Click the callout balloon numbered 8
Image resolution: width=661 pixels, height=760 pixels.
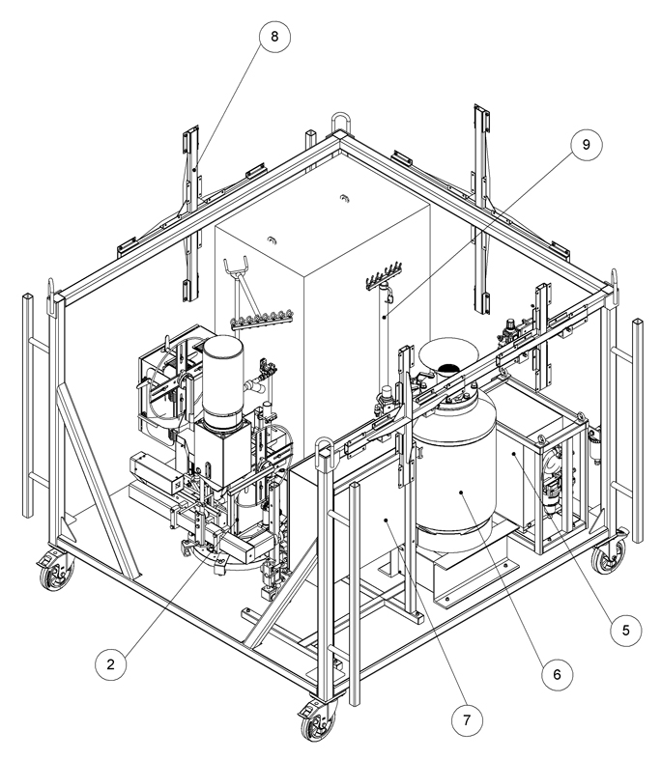coord(274,38)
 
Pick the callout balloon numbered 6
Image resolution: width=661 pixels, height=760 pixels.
coord(556,674)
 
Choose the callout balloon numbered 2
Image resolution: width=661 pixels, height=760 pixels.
coord(112,663)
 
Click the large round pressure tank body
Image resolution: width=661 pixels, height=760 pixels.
coord(455,464)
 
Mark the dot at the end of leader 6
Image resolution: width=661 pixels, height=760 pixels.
coord(462,492)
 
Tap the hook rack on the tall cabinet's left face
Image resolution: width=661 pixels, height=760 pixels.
coord(260,314)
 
